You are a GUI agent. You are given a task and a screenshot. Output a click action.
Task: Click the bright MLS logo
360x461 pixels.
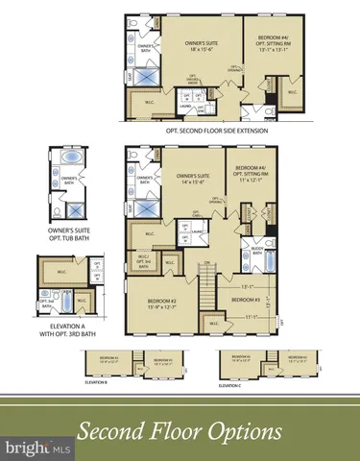click(36, 448)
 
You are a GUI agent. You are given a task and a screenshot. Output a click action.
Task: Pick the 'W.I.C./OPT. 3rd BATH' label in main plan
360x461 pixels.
click(144, 258)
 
